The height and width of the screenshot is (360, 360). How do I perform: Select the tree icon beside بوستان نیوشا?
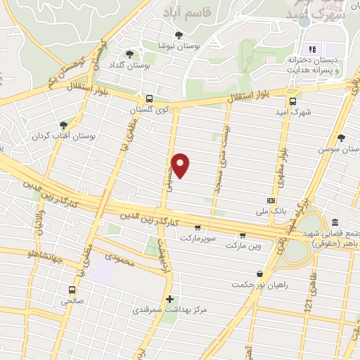180,35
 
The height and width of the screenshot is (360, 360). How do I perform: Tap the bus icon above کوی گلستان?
149,99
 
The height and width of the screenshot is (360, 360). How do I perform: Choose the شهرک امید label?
292,112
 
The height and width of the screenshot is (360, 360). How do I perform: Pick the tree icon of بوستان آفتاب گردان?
64,124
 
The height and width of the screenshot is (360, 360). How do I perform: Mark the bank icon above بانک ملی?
271,200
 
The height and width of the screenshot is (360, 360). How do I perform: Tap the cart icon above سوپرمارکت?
198,228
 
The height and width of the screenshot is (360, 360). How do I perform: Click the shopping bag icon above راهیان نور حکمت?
259,274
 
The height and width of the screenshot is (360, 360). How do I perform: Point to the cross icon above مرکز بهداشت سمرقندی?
169,299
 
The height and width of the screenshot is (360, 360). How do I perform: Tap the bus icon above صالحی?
72,289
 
